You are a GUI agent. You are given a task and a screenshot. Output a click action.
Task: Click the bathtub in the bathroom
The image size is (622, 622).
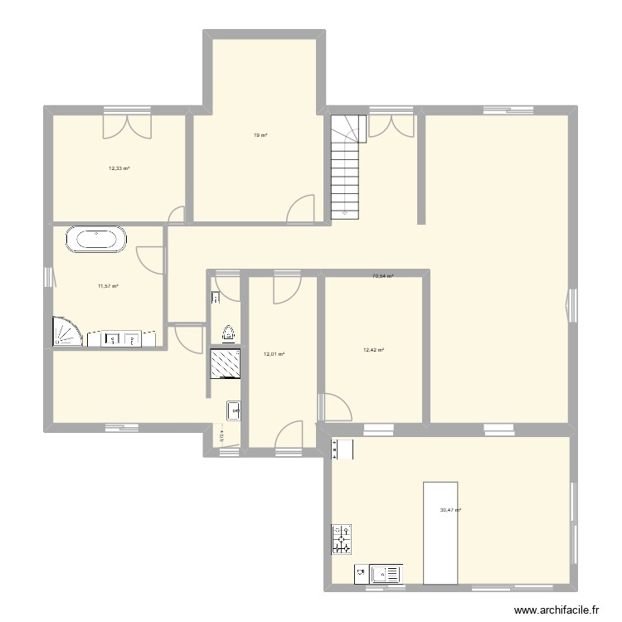coord(97,241)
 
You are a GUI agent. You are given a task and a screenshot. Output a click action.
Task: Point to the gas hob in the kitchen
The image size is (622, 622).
coord(342,540)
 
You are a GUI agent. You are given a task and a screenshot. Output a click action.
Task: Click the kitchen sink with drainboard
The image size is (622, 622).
coord(385,572)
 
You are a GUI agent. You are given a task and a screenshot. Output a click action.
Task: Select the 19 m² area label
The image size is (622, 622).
coord(260,135)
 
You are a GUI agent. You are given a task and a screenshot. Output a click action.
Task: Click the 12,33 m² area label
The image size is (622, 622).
coord(119,168)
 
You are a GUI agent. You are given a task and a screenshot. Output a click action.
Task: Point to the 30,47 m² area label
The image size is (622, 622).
coord(450,511)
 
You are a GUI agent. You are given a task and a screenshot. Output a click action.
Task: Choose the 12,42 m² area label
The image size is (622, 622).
coord(374,350)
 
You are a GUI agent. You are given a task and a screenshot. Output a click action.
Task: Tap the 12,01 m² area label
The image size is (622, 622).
coord(275,354)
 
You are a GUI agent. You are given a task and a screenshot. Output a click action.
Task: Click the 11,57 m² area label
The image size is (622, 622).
coord(108,286)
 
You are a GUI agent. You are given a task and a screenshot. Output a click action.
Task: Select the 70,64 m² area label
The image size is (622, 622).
coord(383,276)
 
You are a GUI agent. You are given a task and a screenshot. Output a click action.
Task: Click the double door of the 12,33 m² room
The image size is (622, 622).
coord(127,124)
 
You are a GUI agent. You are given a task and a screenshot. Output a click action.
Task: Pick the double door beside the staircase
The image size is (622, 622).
coord(391,124)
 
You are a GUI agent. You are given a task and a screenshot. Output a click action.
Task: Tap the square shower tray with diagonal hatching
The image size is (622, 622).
coord(226,362)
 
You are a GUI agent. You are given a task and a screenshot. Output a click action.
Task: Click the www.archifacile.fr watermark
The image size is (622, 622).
coord(556,609)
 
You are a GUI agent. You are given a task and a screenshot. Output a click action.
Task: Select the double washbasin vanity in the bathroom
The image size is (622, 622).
coord(121,339)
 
